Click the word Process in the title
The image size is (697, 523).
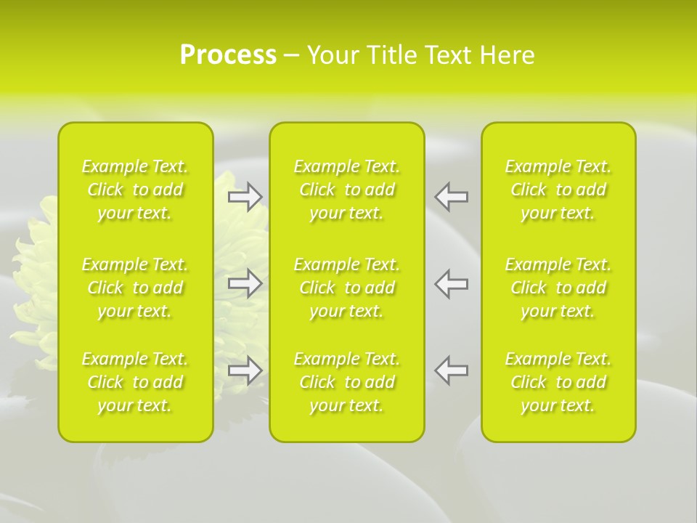(228, 55)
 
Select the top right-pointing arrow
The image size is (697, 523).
(245, 197)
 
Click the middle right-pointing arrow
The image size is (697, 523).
(245, 283)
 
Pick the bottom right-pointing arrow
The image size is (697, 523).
(245, 370)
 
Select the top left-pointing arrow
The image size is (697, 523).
(452, 197)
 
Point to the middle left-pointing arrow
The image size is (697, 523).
(452, 283)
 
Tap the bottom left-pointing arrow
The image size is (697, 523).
(452, 370)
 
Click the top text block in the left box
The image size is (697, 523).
(135, 190)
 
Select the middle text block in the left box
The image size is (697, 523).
(135, 288)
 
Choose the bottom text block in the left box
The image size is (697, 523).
(135, 382)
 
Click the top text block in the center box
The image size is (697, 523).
(347, 190)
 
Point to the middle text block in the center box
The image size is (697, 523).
(347, 288)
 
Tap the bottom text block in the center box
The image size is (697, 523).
(347, 382)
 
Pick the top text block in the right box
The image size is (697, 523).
(558, 190)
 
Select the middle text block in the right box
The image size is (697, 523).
(558, 288)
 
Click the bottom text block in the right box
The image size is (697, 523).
(558, 382)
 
